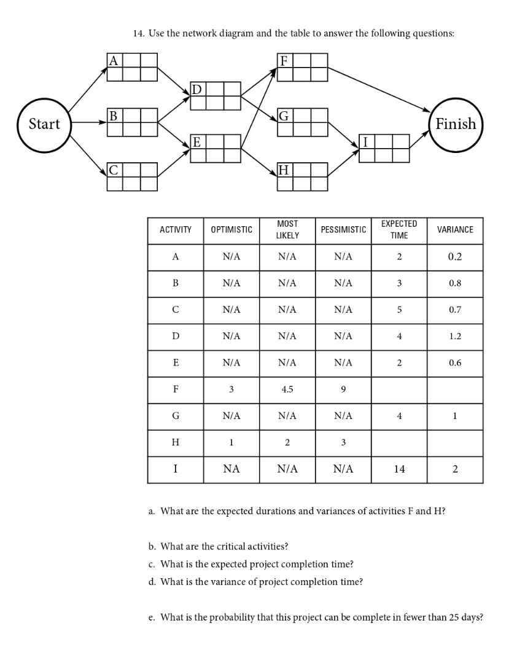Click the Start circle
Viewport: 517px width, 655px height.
coord(44,124)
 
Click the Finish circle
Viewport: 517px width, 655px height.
coord(456,124)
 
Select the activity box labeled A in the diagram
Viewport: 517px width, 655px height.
coord(132,67)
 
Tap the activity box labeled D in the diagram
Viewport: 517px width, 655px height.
coord(215,95)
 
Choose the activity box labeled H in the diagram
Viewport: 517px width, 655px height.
coord(302,176)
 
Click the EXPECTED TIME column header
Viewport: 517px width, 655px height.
coord(399,230)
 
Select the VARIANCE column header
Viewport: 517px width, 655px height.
coord(455,230)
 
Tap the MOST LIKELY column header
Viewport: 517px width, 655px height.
coord(287,230)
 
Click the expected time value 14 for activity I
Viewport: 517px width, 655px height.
coord(399,469)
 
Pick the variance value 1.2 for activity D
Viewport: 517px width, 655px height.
coord(455,336)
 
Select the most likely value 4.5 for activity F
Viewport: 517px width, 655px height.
coord(287,389)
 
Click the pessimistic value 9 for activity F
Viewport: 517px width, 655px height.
coord(343,389)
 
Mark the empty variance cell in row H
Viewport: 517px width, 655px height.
coord(455,442)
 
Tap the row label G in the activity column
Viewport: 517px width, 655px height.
coord(176,416)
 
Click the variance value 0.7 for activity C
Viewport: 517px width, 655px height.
coord(455,310)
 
